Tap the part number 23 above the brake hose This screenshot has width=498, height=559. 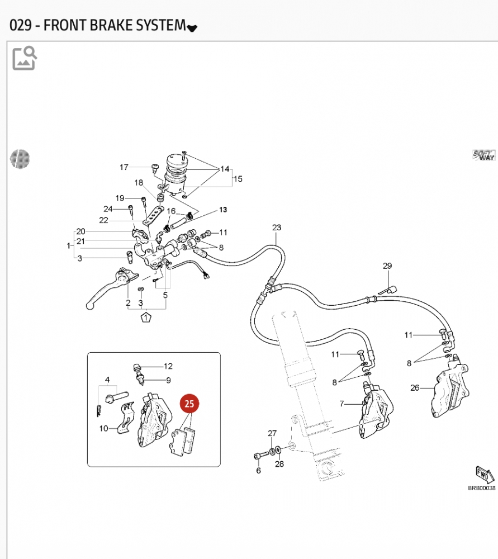(x=277, y=228)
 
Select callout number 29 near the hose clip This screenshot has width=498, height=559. (x=387, y=266)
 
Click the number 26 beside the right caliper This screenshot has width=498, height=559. (x=415, y=387)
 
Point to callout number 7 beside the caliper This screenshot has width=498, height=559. (x=342, y=403)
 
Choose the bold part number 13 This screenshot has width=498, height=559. (x=223, y=210)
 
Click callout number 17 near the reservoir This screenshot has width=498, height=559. (x=124, y=167)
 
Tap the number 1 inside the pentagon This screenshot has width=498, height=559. (x=146, y=318)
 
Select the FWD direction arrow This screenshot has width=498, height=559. (x=484, y=474)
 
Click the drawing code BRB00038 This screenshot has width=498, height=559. (x=481, y=488)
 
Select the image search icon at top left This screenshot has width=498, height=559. (x=25, y=58)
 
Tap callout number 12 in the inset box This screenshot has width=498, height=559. (x=168, y=366)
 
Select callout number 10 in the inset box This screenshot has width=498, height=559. (x=104, y=429)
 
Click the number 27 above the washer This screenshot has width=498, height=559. (x=272, y=433)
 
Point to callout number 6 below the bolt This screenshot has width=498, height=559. (x=258, y=471)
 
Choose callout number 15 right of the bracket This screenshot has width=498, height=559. (x=238, y=179)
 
